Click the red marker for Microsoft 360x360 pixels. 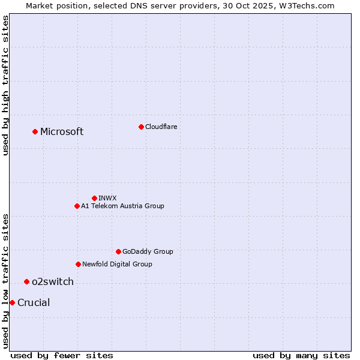35,131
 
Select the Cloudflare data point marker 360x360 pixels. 141,127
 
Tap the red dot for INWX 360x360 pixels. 94,198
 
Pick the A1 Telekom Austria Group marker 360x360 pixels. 77,206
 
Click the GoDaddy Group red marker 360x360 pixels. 118,251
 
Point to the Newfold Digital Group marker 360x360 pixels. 78,264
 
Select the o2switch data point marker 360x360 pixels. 26,281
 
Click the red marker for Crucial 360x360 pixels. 12,302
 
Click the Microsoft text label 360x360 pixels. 62,132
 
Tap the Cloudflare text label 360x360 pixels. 161,127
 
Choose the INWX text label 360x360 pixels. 107,198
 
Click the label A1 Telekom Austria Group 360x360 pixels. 122,206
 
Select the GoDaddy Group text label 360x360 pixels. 148,251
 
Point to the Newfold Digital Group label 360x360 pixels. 117,264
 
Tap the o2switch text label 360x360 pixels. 53,282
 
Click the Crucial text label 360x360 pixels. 34,303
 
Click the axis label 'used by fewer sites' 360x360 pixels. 62,355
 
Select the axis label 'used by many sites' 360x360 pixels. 301,355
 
